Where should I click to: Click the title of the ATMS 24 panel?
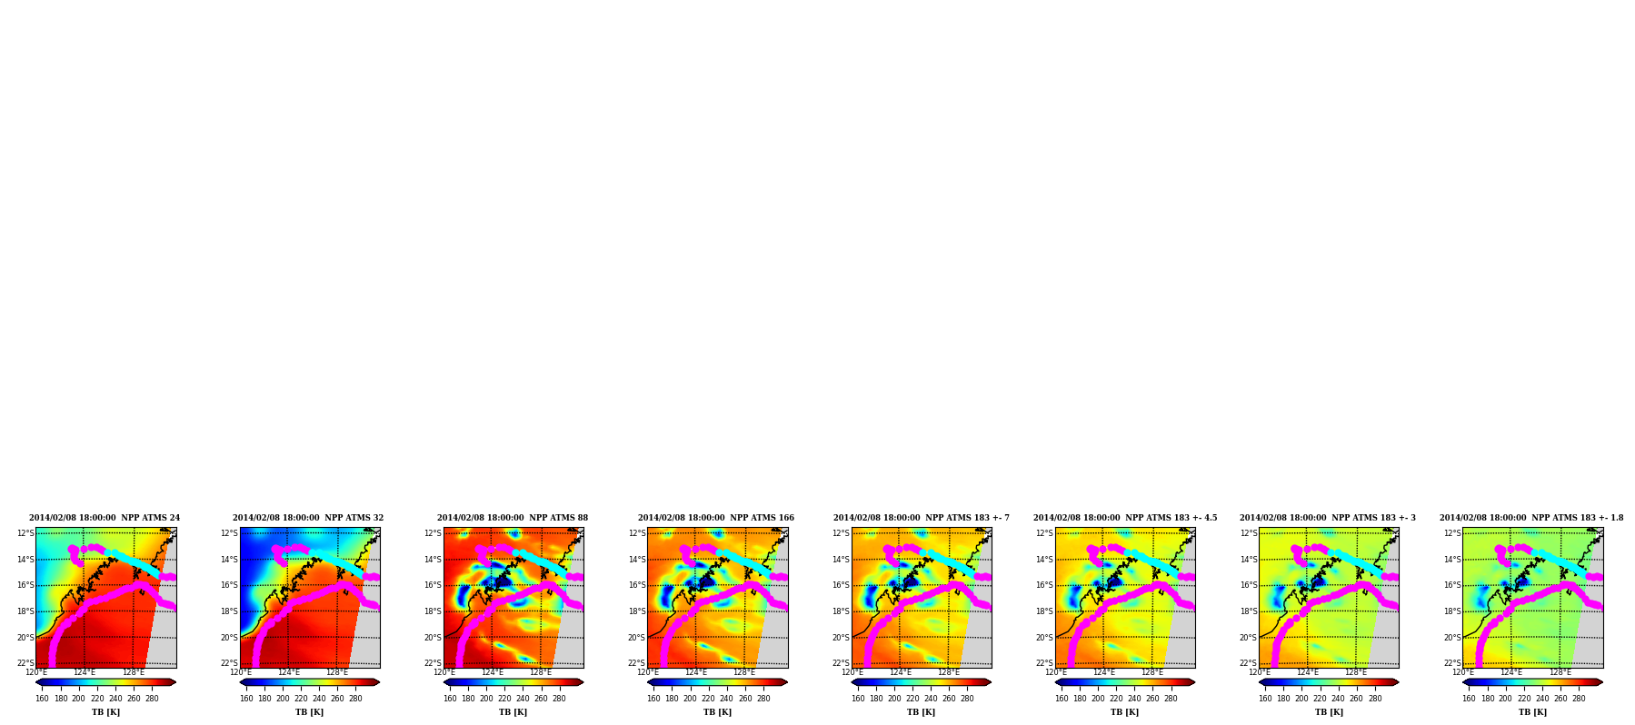pyautogui.click(x=105, y=518)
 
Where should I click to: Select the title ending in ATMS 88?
pyautogui.click(x=513, y=518)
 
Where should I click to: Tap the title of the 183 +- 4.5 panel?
pyautogui.click(x=1125, y=518)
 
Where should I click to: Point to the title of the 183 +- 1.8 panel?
pyautogui.click(x=1531, y=518)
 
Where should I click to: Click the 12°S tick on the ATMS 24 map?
pyautogui.click(x=25, y=533)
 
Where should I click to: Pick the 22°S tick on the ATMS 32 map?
pyautogui.click(x=229, y=663)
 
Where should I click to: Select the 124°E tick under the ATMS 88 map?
pyautogui.click(x=492, y=673)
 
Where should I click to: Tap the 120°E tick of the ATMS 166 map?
pyautogui.click(x=648, y=673)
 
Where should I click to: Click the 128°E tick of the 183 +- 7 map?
pyautogui.click(x=949, y=673)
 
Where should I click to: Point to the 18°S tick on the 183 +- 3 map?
pyautogui.click(x=1249, y=611)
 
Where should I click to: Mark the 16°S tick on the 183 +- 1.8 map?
pyautogui.click(x=1452, y=585)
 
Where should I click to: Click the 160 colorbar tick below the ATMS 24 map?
pyautogui.click(x=43, y=699)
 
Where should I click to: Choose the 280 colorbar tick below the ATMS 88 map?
pyautogui.click(x=559, y=699)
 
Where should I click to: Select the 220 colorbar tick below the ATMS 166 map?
pyautogui.click(x=708, y=699)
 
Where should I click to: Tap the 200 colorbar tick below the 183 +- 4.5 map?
pyautogui.click(x=1098, y=699)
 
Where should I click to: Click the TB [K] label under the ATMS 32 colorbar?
pyautogui.click(x=310, y=712)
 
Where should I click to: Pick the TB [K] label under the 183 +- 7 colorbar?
pyautogui.click(x=922, y=712)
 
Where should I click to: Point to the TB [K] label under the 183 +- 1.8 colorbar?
pyautogui.click(x=1533, y=712)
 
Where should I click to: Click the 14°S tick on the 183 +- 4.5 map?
pyautogui.click(x=1045, y=560)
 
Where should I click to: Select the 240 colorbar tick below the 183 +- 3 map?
pyautogui.click(x=1338, y=699)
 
